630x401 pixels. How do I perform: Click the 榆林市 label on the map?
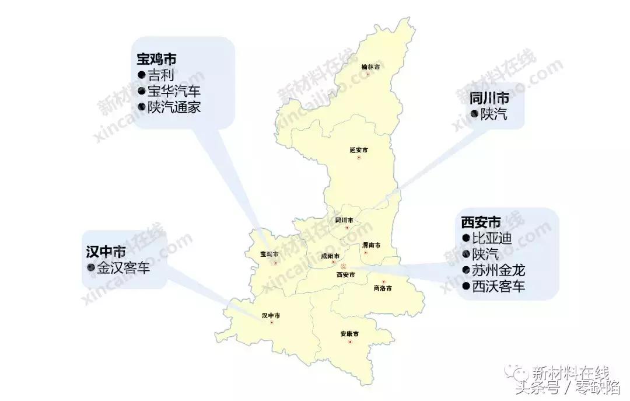click(370, 67)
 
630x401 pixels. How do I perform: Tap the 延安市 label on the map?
click(359, 150)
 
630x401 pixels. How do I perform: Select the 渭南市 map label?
click(371, 245)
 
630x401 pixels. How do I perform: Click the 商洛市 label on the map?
click(382, 288)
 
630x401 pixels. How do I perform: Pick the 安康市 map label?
click(349, 334)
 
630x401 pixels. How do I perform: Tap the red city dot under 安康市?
click(350, 342)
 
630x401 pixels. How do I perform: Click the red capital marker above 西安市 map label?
click(344, 267)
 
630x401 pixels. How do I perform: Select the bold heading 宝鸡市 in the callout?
click(157, 59)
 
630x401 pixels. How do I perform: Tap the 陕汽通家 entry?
click(173, 107)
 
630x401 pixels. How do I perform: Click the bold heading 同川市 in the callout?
click(489, 97)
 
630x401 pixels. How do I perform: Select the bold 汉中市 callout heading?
click(106, 252)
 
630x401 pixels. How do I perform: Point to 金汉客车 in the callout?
click(123, 269)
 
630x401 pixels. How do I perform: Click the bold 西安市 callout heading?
click(481, 222)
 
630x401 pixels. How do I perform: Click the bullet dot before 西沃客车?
click(466, 287)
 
